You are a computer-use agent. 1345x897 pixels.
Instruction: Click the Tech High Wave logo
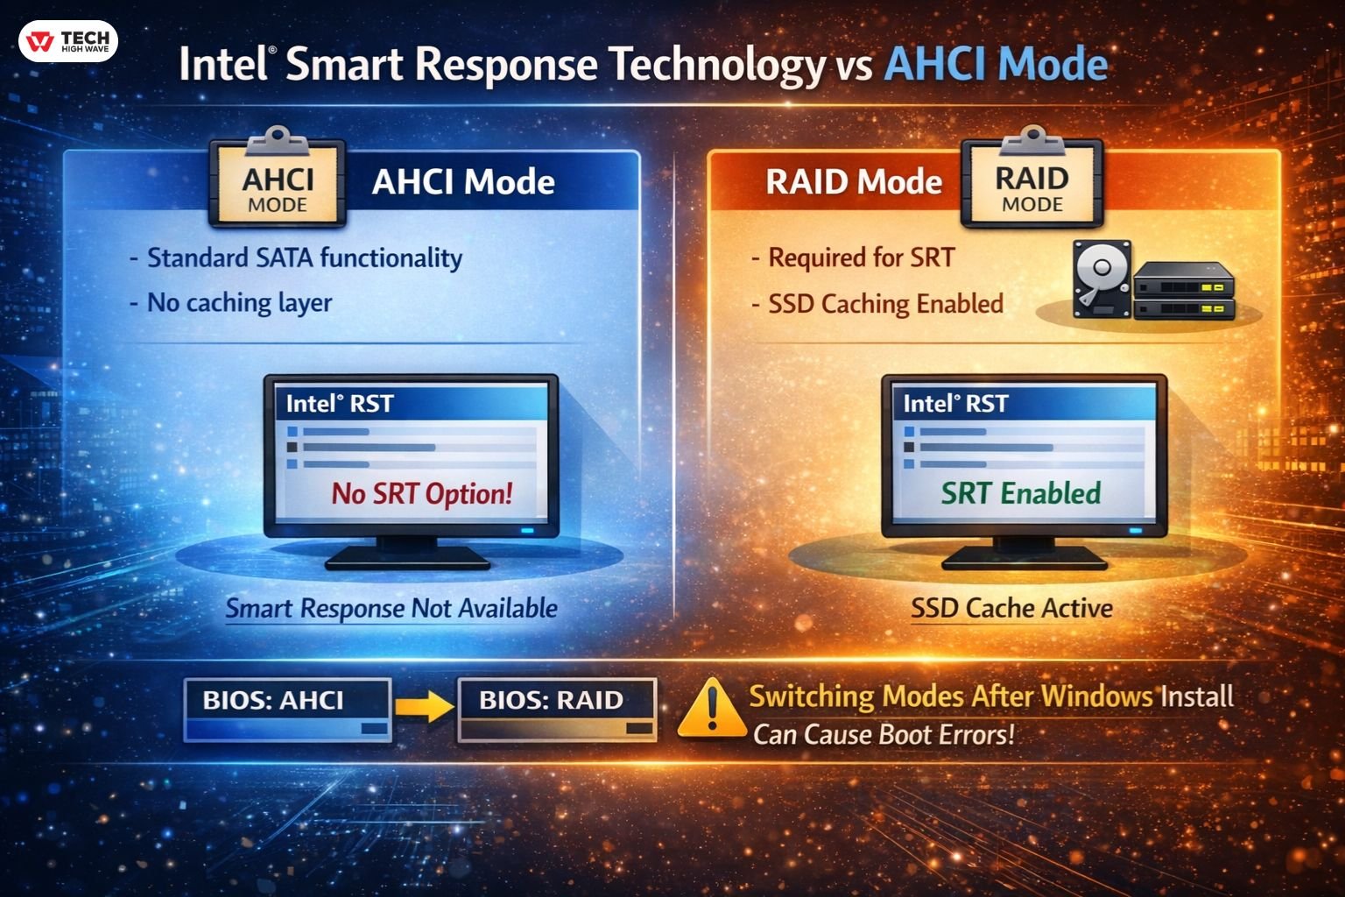click(68, 41)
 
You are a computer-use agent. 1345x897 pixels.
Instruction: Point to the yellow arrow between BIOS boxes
click(425, 704)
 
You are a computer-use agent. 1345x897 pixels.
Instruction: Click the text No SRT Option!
click(421, 494)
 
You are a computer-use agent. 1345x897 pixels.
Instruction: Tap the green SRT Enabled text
click(1021, 493)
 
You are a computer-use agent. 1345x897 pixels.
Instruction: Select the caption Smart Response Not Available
click(391, 608)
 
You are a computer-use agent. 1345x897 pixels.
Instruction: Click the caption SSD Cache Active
click(1011, 608)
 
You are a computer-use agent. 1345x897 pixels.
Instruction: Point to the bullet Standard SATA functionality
click(304, 258)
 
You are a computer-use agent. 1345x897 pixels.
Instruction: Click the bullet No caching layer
click(239, 303)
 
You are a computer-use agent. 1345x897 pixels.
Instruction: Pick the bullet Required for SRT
click(861, 258)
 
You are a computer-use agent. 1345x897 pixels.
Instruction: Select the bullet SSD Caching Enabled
click(885, 304)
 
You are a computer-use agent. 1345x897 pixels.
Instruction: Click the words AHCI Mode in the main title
click(996, 65)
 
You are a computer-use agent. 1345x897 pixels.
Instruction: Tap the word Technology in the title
click(716, 65)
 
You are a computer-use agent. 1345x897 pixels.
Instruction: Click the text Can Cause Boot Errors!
click(884, 734)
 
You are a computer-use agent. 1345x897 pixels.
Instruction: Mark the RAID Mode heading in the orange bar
click(854, 182)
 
